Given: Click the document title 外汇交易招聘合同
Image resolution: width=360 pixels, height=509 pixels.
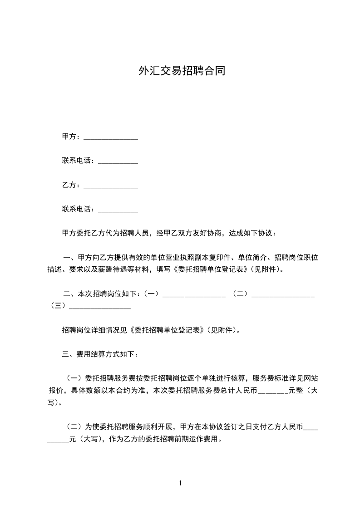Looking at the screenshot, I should tap(182, 71).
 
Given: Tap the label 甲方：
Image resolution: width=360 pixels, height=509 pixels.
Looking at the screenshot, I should tap(72, 136).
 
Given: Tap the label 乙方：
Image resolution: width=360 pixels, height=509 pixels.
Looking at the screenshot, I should tap(72, 185).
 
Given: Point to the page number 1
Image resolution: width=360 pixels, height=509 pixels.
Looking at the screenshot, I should tap(180, 483).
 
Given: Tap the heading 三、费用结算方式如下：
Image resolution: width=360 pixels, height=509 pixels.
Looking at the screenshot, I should tap(98, 354).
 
